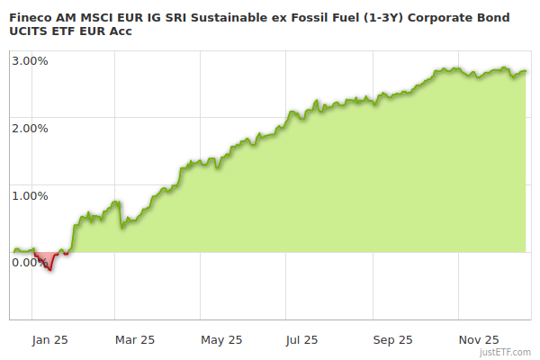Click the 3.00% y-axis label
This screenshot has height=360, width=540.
click(31, 60)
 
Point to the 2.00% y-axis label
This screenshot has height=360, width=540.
click(31, 128)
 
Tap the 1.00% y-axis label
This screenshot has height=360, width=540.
click(31, 195)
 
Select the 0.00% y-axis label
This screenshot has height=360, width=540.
click(31, 262)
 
